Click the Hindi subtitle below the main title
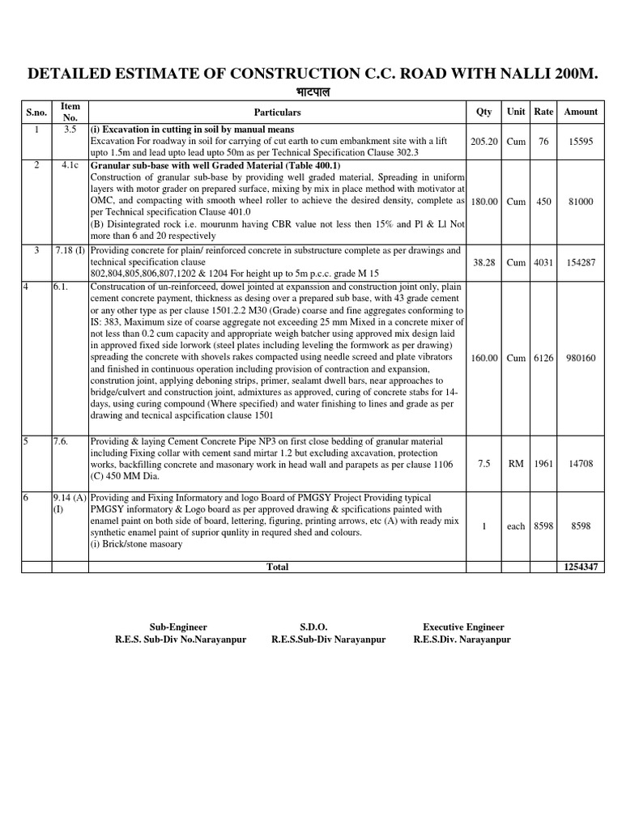point(310,93)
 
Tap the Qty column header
point(484,112)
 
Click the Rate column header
point(543,112)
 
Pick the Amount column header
point(580,112)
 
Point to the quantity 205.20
point(484,141)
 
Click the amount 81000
point(580,201)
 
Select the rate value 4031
point(543,262)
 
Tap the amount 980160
point(580,358)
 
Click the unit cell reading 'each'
point(515,526)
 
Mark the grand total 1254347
point(580,568)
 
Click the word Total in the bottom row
point(278,568)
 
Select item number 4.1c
point(69,165)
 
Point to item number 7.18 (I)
point(70,250)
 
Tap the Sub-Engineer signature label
point(178,627)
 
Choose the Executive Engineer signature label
point(463,627)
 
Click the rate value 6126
point(543,358)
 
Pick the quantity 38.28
point(484,262)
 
